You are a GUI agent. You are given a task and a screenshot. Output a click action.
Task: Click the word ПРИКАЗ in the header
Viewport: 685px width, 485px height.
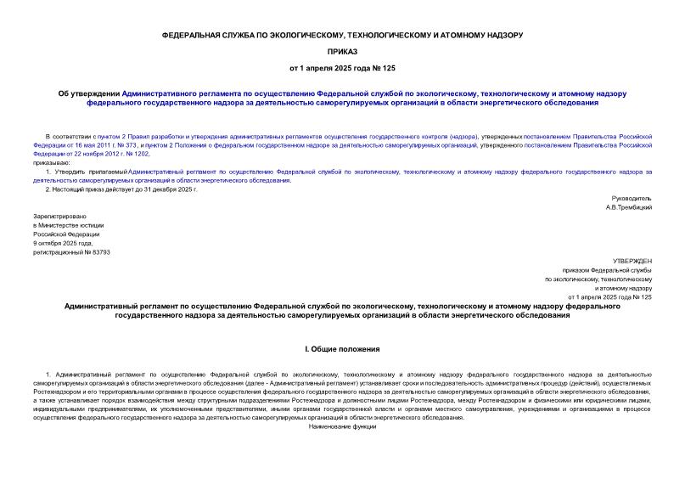[x=342, y=51]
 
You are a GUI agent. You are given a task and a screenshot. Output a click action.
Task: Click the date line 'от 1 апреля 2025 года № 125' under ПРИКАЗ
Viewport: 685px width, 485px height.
[x=342, y=67]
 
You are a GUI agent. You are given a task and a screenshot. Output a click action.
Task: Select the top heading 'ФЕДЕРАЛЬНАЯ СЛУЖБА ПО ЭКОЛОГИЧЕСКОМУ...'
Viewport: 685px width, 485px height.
[x=342, y=35]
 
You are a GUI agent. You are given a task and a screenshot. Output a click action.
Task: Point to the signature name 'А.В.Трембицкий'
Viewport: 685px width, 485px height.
[x=628, y=207]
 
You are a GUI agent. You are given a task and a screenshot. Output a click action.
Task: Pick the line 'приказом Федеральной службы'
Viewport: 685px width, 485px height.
[x=611, y=270]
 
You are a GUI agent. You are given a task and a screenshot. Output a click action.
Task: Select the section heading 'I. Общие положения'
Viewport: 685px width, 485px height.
[x=342, y=349]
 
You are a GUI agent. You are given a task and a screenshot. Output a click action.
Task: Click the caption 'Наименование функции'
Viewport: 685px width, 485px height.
[x=342, y=426]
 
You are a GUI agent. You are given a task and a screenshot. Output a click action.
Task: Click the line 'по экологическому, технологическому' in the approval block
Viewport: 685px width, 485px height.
[x=598, y=279]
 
